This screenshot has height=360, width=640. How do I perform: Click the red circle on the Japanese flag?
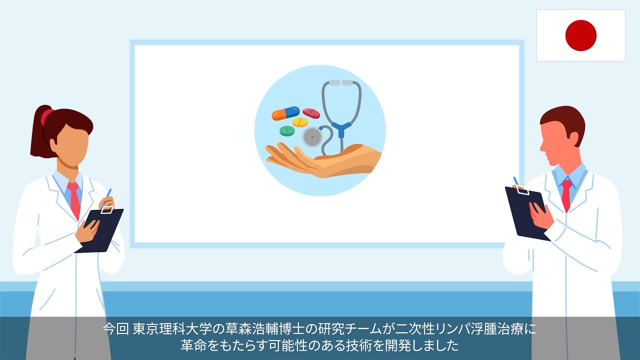(x=580, y=35)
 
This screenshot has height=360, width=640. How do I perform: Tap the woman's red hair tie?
(x=46, y=117)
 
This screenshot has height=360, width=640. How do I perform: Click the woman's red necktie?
(x=74, y=199)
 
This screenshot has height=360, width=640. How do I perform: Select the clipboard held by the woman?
(x=99, y=230)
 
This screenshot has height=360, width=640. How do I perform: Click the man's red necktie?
(x=566, y=195)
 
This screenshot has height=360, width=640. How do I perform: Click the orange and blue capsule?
(x=285, y=113)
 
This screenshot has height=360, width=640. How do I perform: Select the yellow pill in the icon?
(x=300, y=122)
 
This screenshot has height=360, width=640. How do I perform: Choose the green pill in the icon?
(x=287, y=131)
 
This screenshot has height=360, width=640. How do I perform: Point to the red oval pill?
(x=311, y=113)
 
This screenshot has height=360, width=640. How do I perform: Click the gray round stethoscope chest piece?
(x=312, y=136)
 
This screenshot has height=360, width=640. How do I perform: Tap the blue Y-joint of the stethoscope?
(x=341, y=129)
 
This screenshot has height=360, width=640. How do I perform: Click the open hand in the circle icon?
(x=320, y=160)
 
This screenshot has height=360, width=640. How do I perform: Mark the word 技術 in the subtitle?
(x=362, y=345)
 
